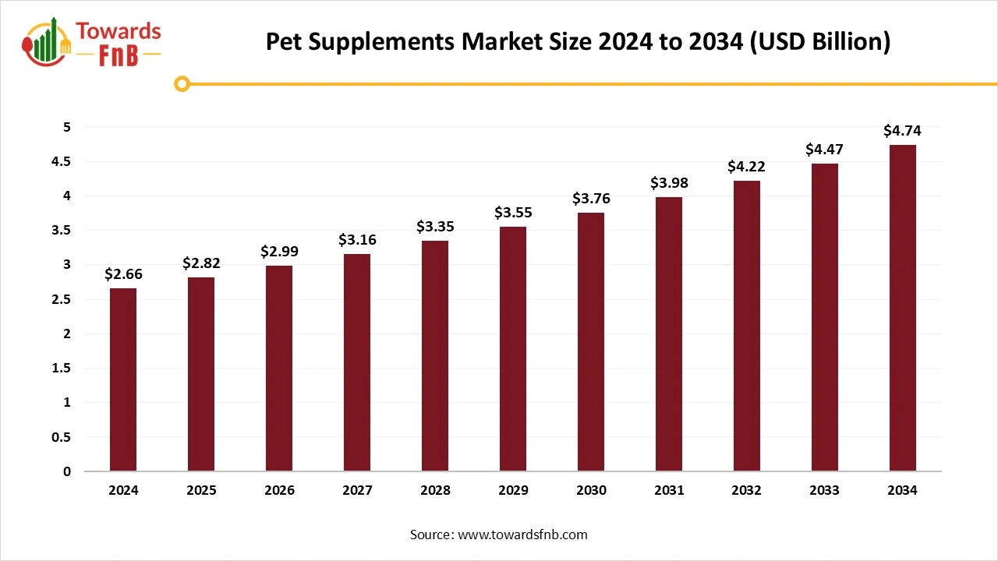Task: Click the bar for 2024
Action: click(x=123, y=379)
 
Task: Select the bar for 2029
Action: click(x=513, y=348)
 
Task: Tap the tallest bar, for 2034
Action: click(x=903, y=308)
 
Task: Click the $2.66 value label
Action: click(x=124, y=274)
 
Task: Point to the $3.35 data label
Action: click(x=435, y=227)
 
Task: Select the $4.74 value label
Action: click(x=902, y=131)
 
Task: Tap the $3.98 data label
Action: click(x=669, y=183)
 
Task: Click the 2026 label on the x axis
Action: click(x=279, y=491)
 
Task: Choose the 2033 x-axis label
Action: click(x=825, y=491)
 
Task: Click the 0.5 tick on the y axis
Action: click(x=60, y=437)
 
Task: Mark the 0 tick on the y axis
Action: click(x=67, y=471)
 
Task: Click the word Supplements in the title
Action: click(x=389, y=41)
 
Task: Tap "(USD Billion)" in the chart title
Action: click(x=818, y=41)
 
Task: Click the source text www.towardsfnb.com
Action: click(x=522, y=535)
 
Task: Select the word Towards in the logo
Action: click(x=119, y=31)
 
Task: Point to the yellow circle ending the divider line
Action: click(x=182, y=83)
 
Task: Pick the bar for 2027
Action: click(x=357, y=362)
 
